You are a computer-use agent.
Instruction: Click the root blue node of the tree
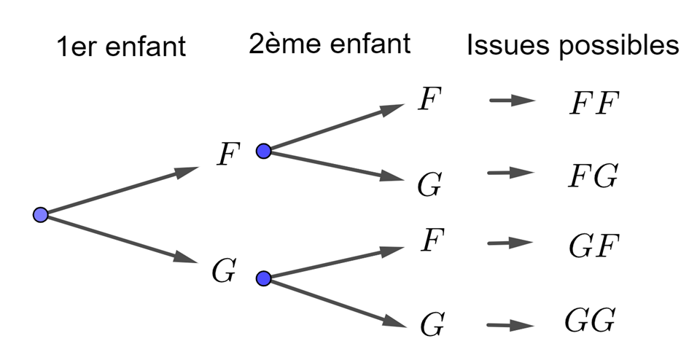pyautogui.click(x=41, y=214)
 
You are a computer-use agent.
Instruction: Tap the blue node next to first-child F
pyautogui.click(x=264, y=151)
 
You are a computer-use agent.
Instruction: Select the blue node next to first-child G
pyautogui.click(x=264, y=278)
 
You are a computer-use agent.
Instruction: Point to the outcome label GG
pyautogui.click(x=591, y=320)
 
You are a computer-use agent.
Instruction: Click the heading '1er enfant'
pyautogui.click(x=122, y=47)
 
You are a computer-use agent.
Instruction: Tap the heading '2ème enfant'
pyautogui.click(x=330, y=45)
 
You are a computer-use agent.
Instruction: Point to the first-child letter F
pyautogui.click(x=229, y=156)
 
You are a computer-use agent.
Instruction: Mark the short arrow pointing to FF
pyautogui.click(x=513, y=101)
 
